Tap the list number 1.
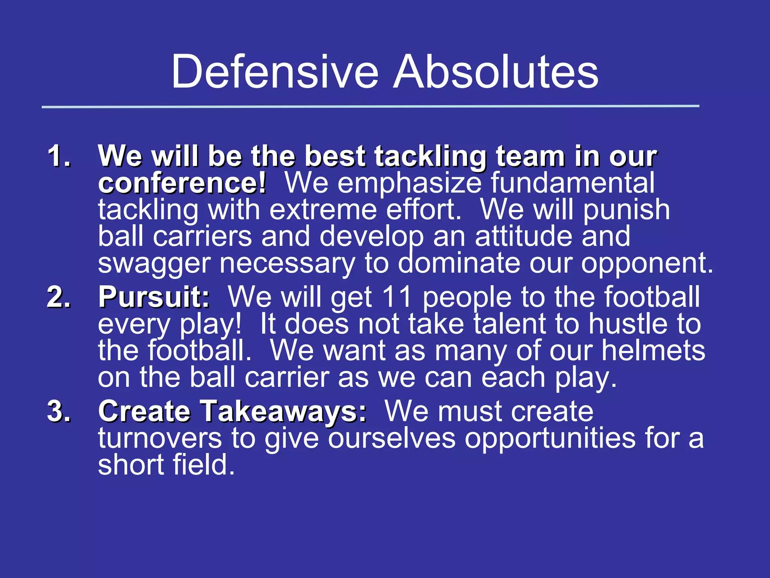click(59, 156)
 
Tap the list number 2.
click(59, 297)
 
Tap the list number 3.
click(59, 411)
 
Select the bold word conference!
click(182, 183)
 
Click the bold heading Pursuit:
click(154, 297)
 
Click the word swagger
click(154, 264)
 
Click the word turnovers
click(160, 439)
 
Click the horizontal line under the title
click(370, 107)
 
